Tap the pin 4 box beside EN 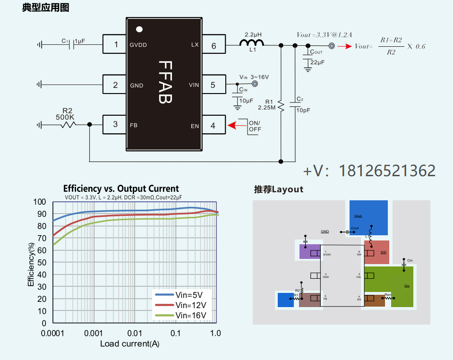(x=213, y=126)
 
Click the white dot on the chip (x=139, y=29)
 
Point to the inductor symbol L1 (x=251, y=44)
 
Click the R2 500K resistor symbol (x=67, y=125)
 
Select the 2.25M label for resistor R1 (x=266, y=108)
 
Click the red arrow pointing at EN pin (x=233, y=126)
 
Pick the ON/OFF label (x=255, y=126)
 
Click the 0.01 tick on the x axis (x=135, y=334)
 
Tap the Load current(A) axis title (x=129, y=344)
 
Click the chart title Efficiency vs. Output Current (x=121, y=189)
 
